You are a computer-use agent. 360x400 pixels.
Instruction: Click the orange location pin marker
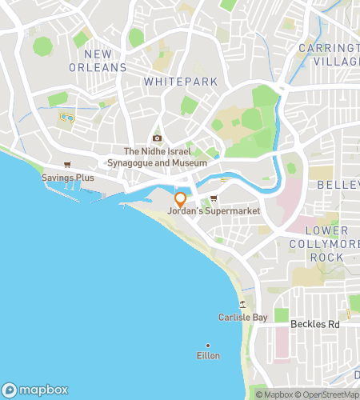pyautogui.click(x=180, y=198)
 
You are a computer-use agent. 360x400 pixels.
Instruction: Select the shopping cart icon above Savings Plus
pyautogui.click(x=67, y=166)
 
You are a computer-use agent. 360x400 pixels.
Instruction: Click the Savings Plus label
pyautogui.click(x=68, y=177)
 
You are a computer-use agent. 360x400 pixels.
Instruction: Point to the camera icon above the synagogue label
pyautogui.click(x=157, y=138)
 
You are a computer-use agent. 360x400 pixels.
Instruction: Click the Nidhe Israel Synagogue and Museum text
pyautogui.click(x=165, y=157)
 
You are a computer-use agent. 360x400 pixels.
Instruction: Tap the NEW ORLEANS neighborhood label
pyautogui.click(x=105, y=61)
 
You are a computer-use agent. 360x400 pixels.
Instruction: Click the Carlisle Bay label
pyautogui.click(x=242, y=317)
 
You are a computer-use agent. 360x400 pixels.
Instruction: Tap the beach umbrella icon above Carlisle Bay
pyautogui.click(x=242, y=304)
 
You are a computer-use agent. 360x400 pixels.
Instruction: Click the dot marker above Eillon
pyautogui.click(x=208, y=345)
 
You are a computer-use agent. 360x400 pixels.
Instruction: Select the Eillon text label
pyautogui.click(x=208, y=355)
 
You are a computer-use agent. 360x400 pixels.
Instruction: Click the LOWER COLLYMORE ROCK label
pyautogui.click(x=326, y=243)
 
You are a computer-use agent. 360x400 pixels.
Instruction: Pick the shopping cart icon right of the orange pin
pyautogui.click(x=214, y=198)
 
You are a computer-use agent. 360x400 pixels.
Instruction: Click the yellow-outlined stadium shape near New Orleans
pyautogui.click(x=66, y=119)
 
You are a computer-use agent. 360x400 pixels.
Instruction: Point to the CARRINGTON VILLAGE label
pyautogui.click(x=330, y=54)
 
